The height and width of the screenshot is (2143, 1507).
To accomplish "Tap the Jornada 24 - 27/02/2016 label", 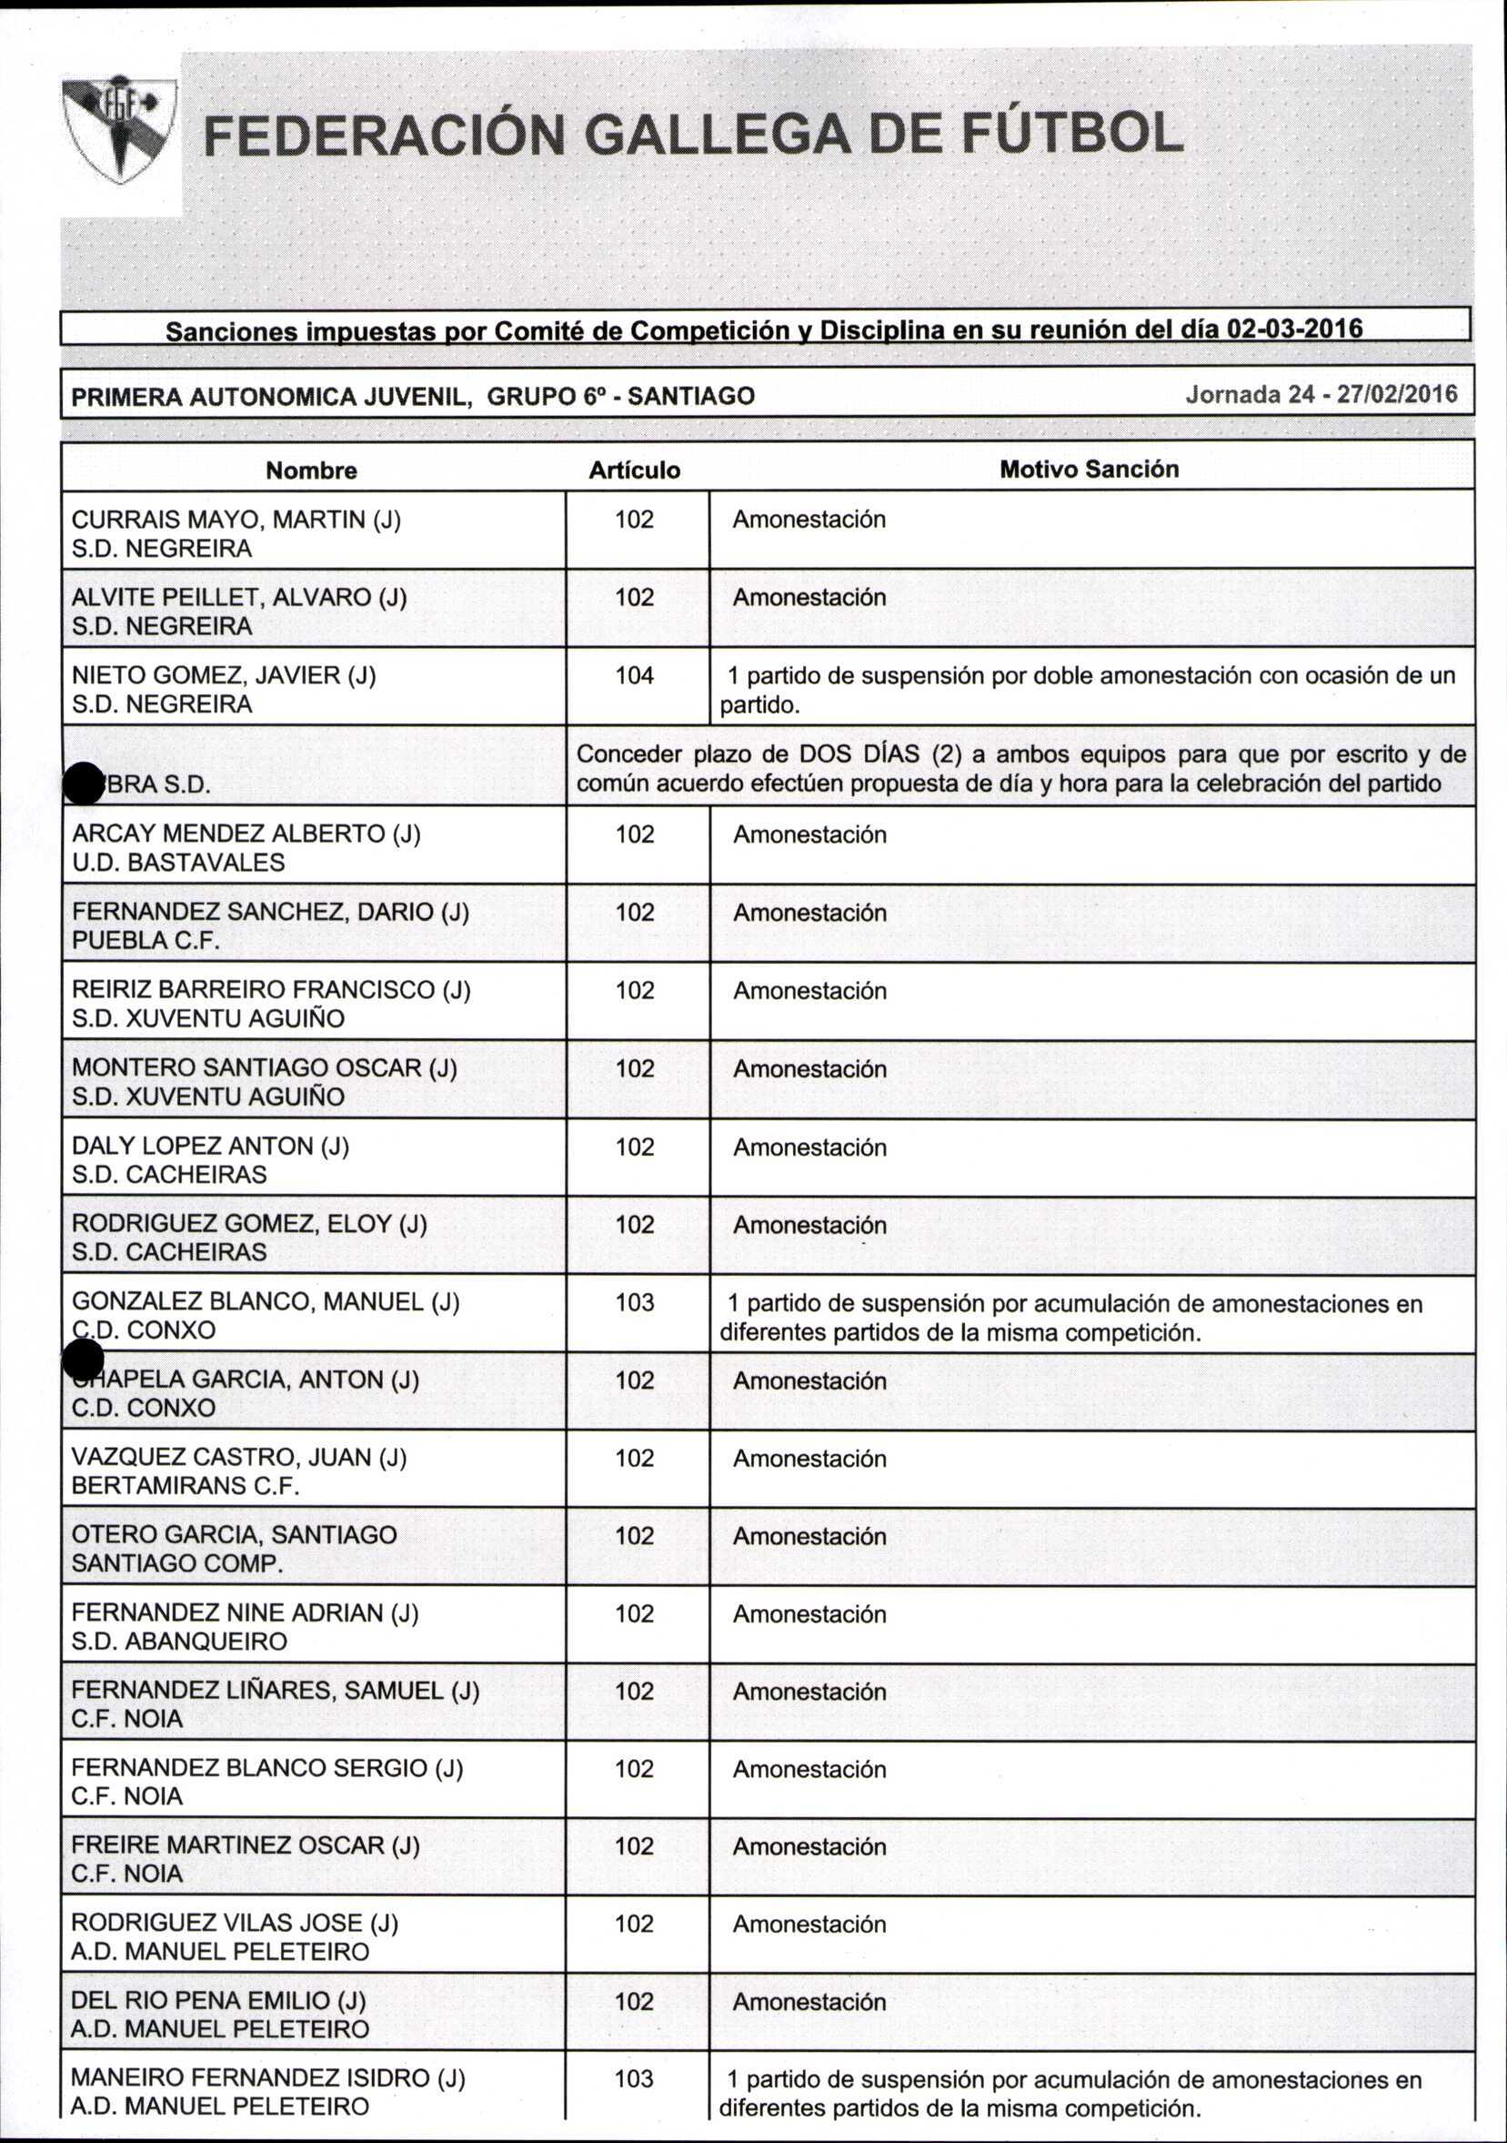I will point(1321,395).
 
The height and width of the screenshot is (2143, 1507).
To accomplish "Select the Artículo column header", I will point(634,470).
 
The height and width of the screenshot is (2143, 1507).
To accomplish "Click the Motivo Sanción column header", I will point(1088,470).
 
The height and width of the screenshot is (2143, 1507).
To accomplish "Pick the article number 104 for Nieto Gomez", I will point(634,676).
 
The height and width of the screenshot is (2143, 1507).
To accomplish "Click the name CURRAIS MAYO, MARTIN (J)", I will point(236,520).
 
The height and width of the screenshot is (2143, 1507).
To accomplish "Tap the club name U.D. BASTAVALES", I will point(178,863).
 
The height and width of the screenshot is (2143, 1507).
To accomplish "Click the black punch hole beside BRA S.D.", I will point(83,783).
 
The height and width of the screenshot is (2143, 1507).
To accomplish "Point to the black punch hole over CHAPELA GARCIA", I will point(83,1360).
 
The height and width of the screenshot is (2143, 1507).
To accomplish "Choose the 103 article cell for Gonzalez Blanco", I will point(634,1302).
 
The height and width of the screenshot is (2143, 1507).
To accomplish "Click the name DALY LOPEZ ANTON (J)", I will point(210,1146).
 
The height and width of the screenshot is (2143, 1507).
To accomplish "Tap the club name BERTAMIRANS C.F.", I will point(185,1485).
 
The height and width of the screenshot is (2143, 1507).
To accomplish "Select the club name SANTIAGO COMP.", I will point(177,1563).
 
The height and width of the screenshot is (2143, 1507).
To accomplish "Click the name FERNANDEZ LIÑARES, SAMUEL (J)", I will point(276,1691).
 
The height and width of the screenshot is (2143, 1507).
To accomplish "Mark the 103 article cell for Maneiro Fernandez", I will point(634,2078).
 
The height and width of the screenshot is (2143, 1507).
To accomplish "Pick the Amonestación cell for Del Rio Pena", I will point(809,2001).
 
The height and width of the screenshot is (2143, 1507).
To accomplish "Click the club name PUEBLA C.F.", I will point(146,940).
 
